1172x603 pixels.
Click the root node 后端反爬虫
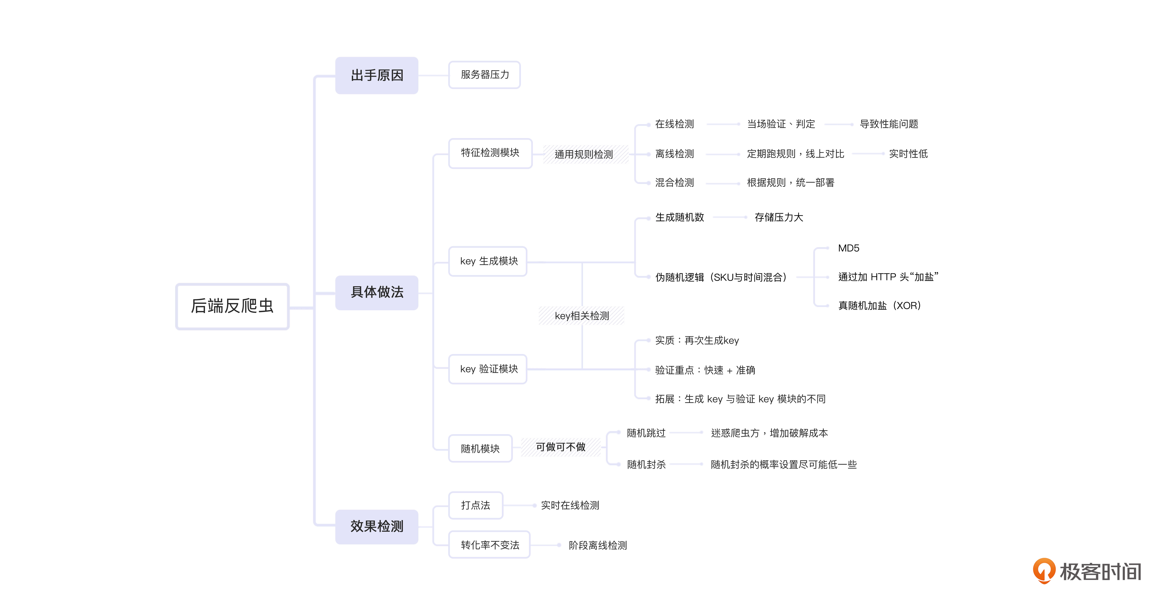[232, 306]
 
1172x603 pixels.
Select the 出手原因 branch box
[377, 75]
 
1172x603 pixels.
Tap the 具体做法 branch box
[377, 292]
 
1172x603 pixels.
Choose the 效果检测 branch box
[377, 527]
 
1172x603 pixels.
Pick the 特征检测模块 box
[490, 153]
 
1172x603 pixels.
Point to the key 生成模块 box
[488, 261]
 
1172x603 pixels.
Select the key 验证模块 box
[488, 369]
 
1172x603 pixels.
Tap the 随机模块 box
[480, 449]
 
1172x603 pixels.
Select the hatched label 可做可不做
[560, 447]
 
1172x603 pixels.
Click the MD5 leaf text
[849, 248]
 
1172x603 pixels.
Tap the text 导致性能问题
[889, 124]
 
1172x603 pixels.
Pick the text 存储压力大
[778, 217]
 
